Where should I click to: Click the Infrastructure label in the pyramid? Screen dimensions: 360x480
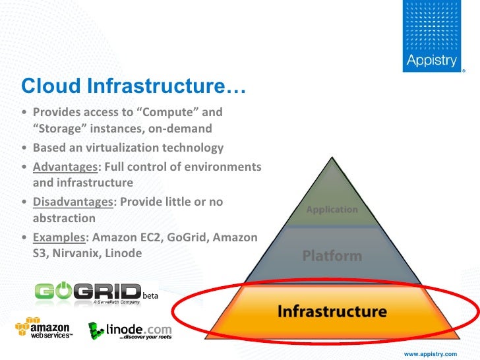coord(332,311)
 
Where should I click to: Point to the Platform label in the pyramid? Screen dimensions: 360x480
coord(332,256)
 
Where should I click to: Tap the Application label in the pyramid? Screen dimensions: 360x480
coord(332,210)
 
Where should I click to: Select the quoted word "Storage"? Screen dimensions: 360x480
coord(59,128)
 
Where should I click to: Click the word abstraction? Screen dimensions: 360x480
coord(64,218)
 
